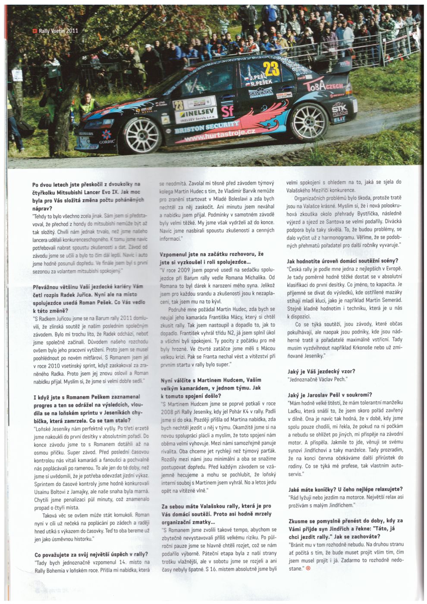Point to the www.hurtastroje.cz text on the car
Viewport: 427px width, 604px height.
click(x=220, y=136)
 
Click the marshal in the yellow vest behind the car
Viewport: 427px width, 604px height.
click(x=88, y=105)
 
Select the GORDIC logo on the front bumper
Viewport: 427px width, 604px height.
click(x=107, y=141)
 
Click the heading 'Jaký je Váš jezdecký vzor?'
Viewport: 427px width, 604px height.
click(x=321, y=371)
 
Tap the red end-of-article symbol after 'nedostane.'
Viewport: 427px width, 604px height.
click(x=308, y=568)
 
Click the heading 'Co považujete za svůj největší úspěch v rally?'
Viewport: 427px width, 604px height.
click(x=91, y=554)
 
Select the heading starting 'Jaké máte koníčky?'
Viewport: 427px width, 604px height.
click(x=345, y=489)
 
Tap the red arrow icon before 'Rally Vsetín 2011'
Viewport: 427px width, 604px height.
click(x=35, y=31)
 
